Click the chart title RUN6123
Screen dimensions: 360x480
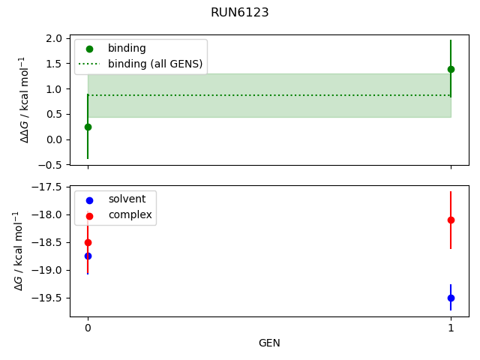pyautogui.click(x=240, y=13)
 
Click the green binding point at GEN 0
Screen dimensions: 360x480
pyautogui.click(x=88, y=127)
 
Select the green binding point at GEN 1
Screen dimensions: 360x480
pyautogui.click(x=451, y=69)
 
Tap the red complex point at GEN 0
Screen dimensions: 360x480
pyautogui.click(x=88, y=242)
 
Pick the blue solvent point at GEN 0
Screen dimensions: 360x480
pyautogui.click(x=88, y=256)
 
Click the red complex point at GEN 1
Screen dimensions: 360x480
pyautogui.click(x=451, y=220)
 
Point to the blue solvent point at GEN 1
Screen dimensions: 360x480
pyautogui.click(x=451, y=298)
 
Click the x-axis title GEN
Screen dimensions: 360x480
pyautogui.click(x=269, y=343)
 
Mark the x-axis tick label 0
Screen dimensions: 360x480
pyautogui.click(x=88, y=328)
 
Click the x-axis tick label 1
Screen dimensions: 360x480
pyautogui.click(x=451, y=328)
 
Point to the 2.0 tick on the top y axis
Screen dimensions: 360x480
pyautogui.click(x=53, y=38)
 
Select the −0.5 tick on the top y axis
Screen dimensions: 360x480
pyautogui.click(x=50, y=165)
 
